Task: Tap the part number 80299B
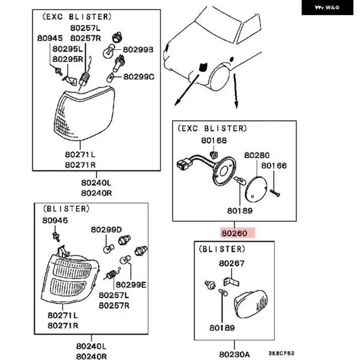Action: [x=139, y=49]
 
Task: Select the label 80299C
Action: [x=139, y=77]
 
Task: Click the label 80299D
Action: [x=106, y=230]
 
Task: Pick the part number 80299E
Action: [x=131, y=284]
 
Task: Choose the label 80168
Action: [x=214, y=142]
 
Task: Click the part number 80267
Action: [x=232, y=263]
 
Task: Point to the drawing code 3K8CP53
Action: [x=281, y=353]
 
